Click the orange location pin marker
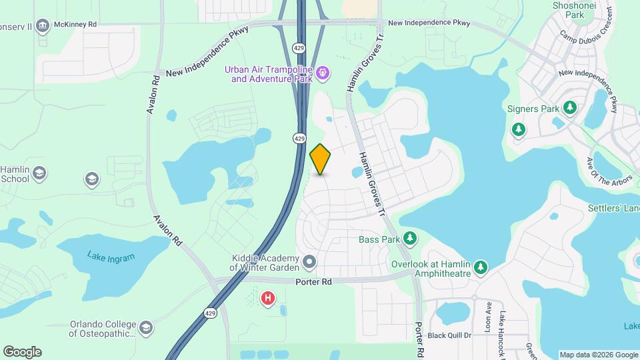pyautogui.click(x=320, y=159)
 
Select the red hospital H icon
pyautogui.click(x=268, y=298)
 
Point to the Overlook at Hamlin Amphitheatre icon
pyautogui.click(x=481, y=268)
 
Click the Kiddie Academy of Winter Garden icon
pyautogui.click(x=309, y=262)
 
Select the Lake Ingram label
pyautogui.click(x=111, y=257)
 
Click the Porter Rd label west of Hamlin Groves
pyautogui.click(x=313, y=282)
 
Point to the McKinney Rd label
pyautogui.click(x=75, y=25)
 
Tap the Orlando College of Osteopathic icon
pyautogui.click(x=145, y=328)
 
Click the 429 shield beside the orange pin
pyautogui.click(x=299, y=137)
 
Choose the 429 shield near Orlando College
pyautogui.click(x=210, y=313)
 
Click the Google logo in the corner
pyautogui.click(x=22, y=352)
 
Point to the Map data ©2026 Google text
pyautogui.click(x=598, y=355)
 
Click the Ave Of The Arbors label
pyautogui.click(x=599, y=173)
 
